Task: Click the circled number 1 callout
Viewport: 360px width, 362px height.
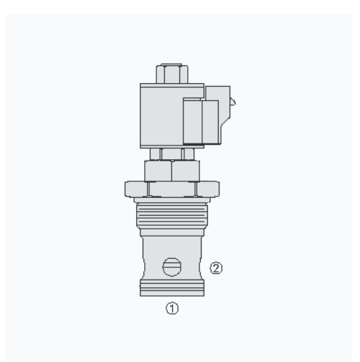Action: click(172, 309)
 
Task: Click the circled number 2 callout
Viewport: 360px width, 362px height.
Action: click(217, 268)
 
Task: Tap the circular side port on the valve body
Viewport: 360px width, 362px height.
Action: click(172, 267)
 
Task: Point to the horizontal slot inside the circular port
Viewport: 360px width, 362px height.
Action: click(172, 267)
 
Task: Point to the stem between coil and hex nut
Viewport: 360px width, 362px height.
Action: click(172, 153)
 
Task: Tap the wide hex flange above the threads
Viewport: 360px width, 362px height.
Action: click(172, 189)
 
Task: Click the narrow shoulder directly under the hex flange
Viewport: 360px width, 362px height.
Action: click(172, 201)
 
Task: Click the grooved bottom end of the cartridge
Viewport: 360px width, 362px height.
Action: click(172, 287)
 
